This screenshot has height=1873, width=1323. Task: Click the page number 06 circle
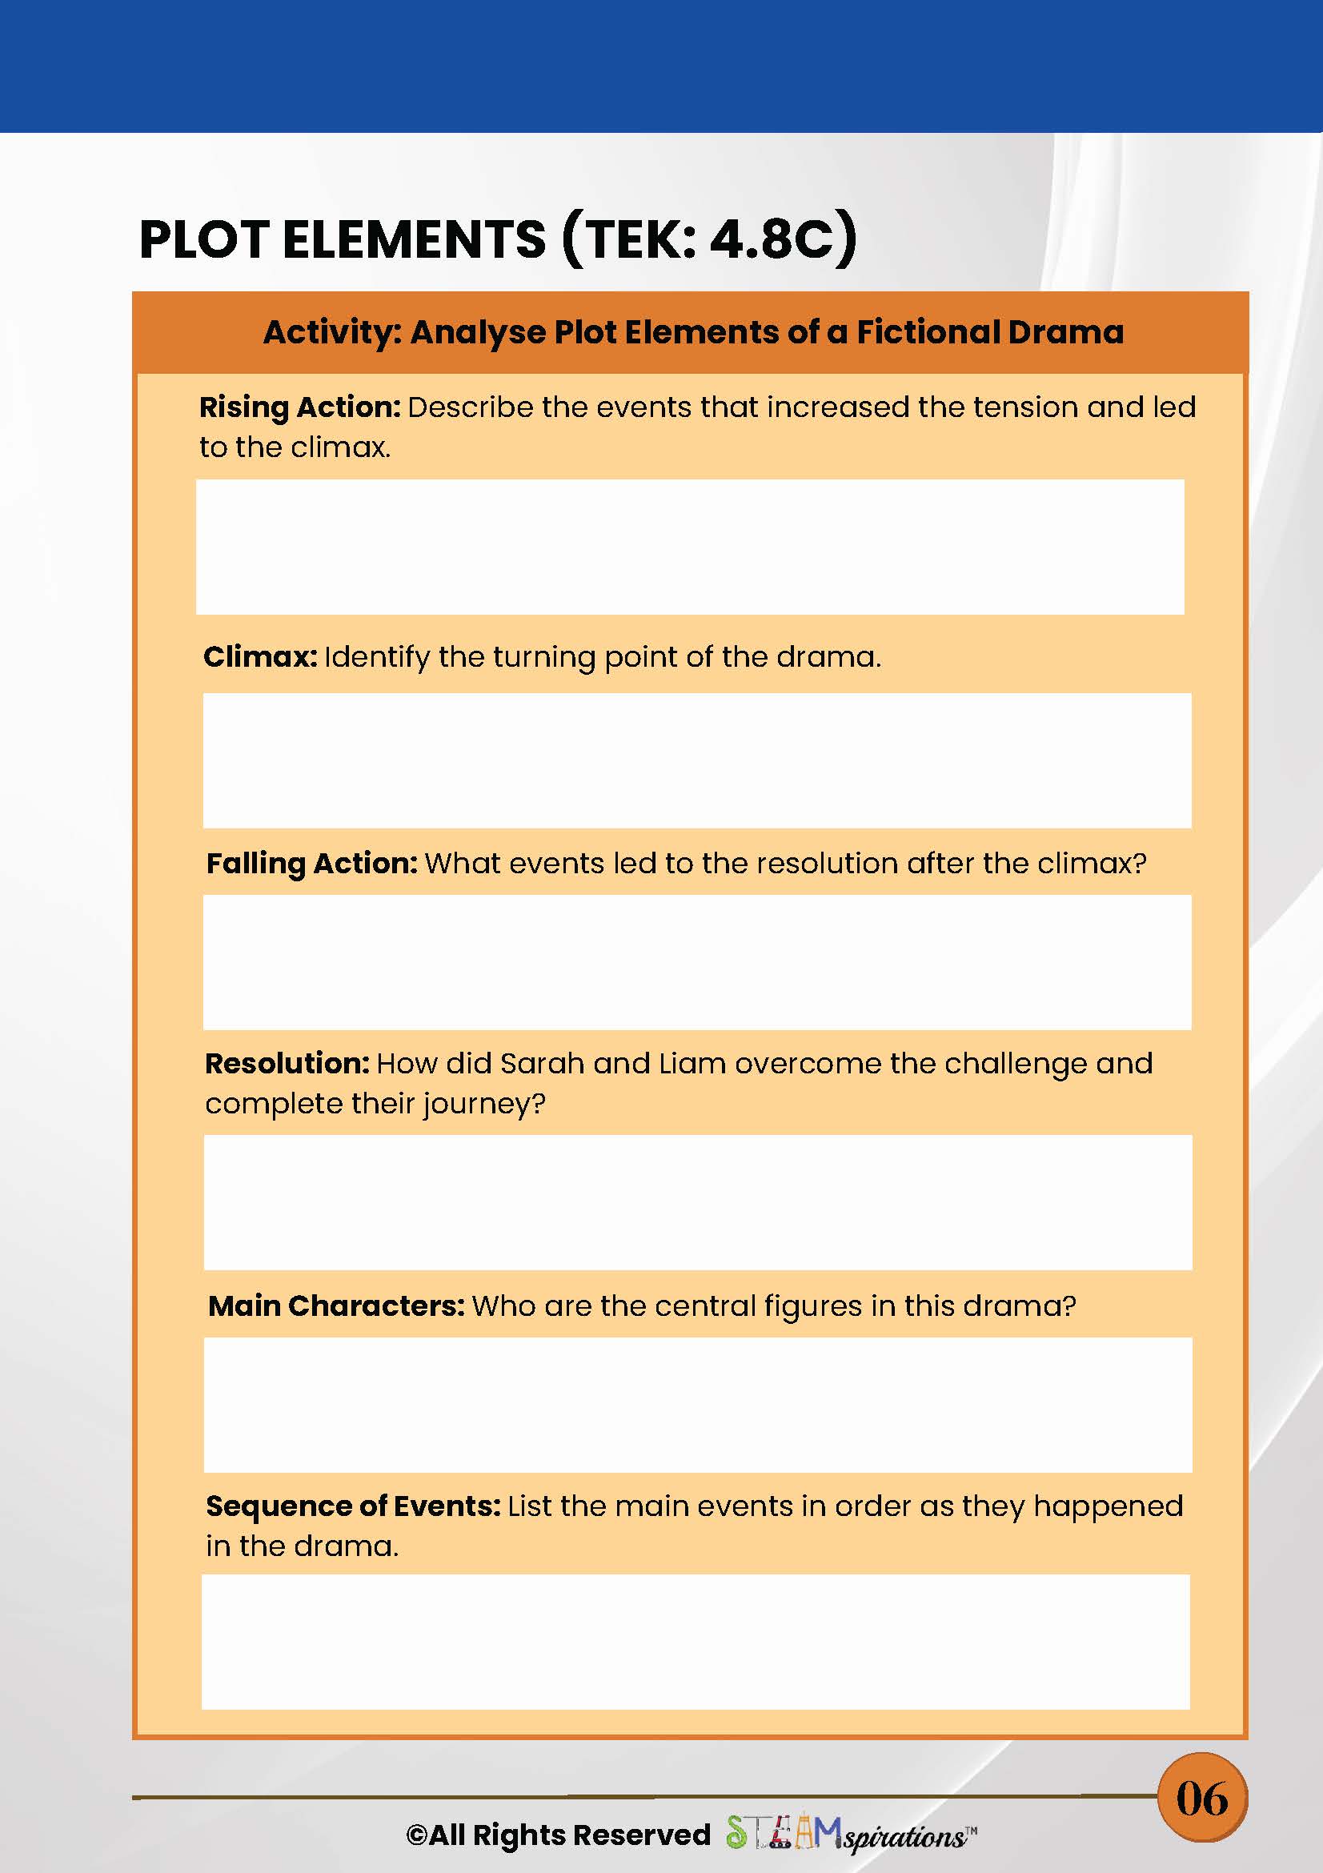click(1202, 1798)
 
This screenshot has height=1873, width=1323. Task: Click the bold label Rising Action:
click(299, 407)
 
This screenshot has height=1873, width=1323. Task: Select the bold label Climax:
click(259, 656)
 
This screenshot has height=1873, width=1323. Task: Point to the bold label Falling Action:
click(311, 863)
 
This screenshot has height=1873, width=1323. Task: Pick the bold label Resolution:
click(287, 1064)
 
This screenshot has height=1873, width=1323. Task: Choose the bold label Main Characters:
click(336, 1306)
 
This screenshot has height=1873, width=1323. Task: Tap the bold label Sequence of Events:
click(352, 1506)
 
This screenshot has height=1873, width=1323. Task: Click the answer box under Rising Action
click(690, 547)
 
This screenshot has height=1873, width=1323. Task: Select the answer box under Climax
click(696, 760)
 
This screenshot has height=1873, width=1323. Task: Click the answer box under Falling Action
click(696, 962)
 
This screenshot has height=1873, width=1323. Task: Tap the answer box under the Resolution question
click(697, 1201)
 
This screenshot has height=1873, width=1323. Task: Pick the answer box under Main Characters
click(697, 1404)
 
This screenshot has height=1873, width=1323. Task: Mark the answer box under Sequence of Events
click(695, 1642)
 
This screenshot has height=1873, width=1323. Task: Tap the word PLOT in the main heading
click(204, 240)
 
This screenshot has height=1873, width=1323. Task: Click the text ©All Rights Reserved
click(558, 1835)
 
